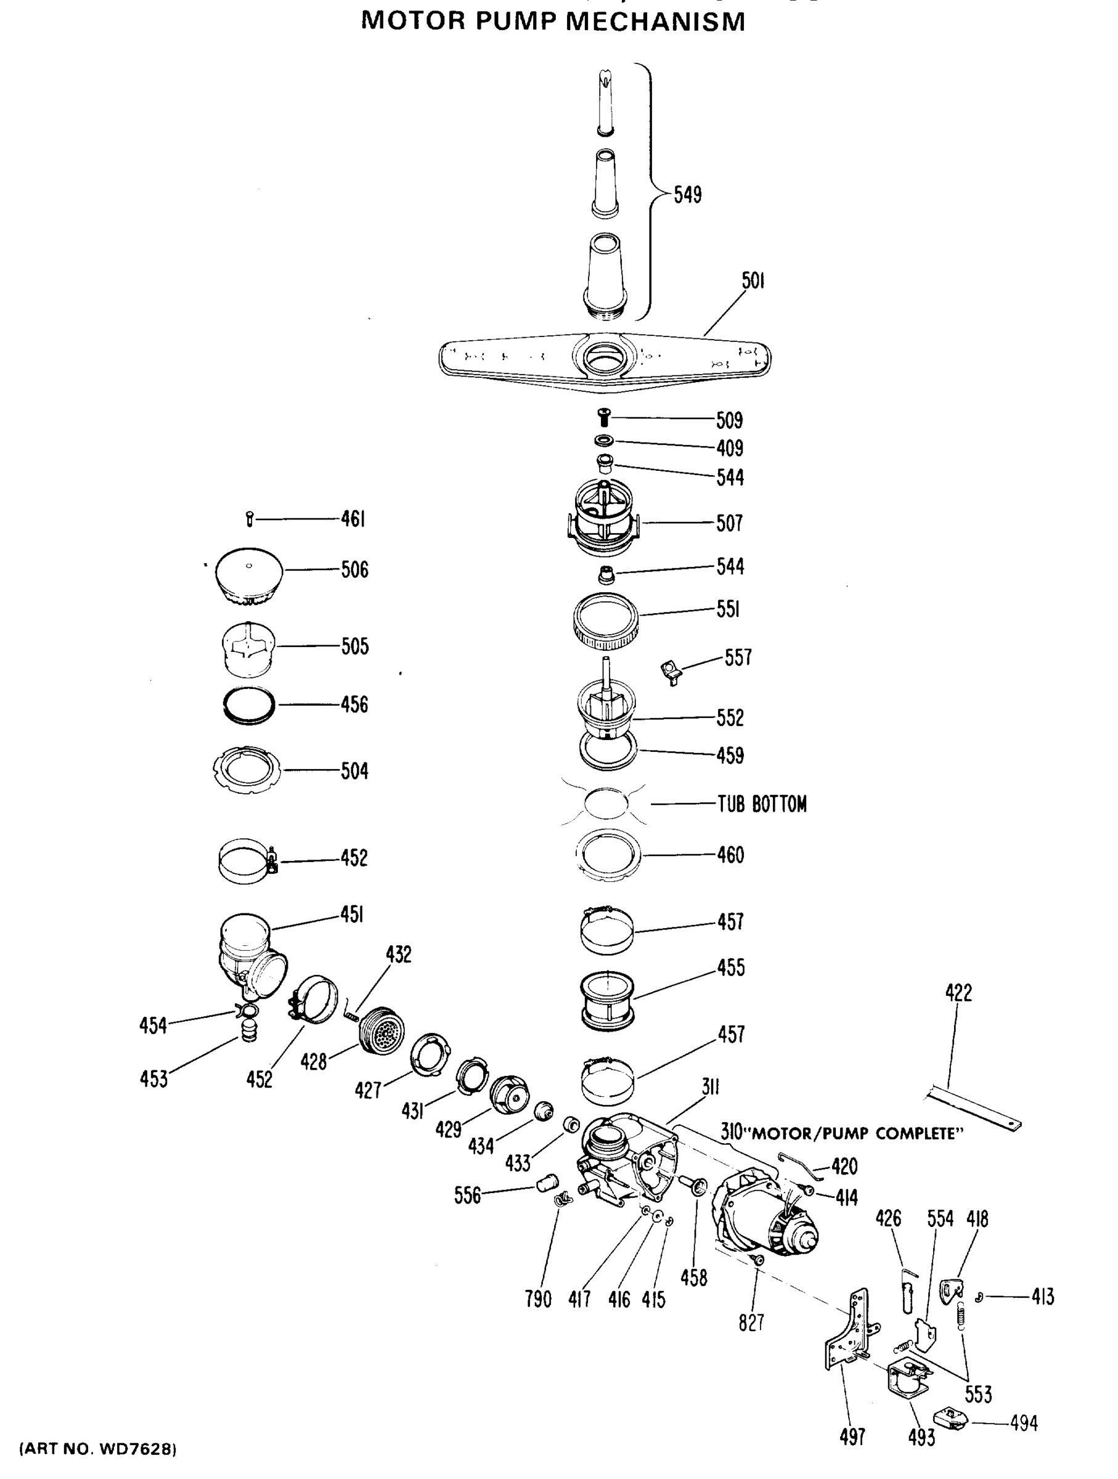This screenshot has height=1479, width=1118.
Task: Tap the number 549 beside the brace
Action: pyautogui.click(x=687, y=195)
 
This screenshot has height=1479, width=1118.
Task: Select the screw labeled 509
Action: pyautogui.click(x=605, y=418)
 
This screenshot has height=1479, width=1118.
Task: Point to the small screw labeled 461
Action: pyautogui.click(x=250, y=519)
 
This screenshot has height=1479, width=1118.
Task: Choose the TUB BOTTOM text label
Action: pyautogui.click(x=762, y=804)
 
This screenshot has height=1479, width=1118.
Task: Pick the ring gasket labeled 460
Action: pyautogui.click(x=607, y=854)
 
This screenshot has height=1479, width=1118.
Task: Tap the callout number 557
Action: pyautogui.click(x=738, y=658)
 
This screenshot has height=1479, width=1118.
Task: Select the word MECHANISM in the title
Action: pyautogui.click(x=655, y=22)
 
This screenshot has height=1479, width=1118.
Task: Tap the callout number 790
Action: pyautogui.click(x=537, y=1299)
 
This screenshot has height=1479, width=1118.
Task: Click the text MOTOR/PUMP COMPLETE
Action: pyautogui.click(x=852, y=1133)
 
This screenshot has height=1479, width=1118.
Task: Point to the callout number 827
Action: pyautogui.click(x=751, y=1322)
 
